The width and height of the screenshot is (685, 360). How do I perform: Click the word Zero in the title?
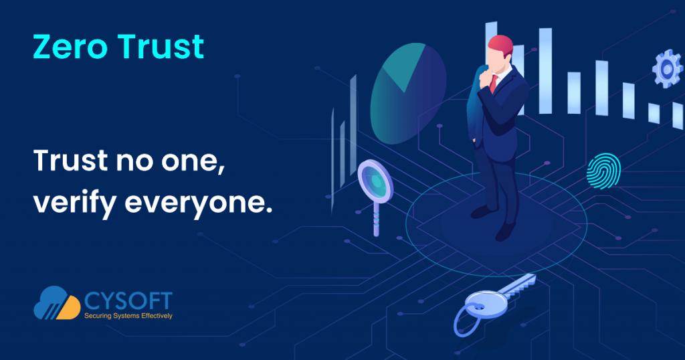click(x=70, y=46)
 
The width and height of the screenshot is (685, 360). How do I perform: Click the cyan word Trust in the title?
click(x=161, y=46)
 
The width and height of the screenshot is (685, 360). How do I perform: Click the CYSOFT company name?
click(x=128, y=301)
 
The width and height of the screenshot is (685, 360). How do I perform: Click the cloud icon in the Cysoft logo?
click(x=57, y=302)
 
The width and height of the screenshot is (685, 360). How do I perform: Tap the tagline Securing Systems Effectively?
click(x=128, y=315)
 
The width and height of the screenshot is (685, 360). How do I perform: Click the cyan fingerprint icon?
click(x=603, y=171)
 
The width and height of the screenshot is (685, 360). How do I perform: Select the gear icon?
click(x=667, y=69)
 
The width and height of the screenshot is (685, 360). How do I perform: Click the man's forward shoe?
click(x=506, y=232)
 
